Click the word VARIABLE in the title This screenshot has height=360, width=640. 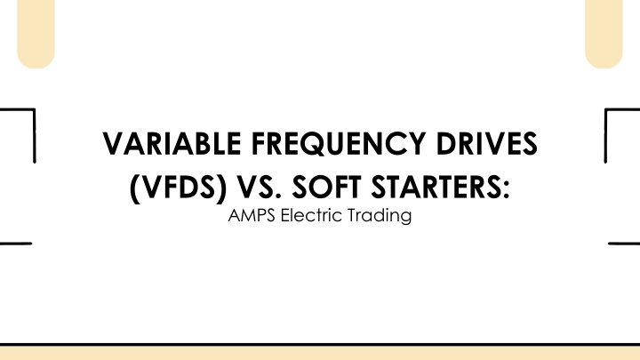click(x=172, y=144)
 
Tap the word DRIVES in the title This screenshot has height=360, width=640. click(x=486, y=144)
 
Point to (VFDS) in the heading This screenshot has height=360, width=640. click(x=178, y=188)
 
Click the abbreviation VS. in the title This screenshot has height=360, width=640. click(x=260, y=188)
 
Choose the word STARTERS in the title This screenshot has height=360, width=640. click(x=436, y=188)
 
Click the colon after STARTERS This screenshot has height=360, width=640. click(x=507, y=190)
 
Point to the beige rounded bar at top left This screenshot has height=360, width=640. click(x=36, y=33)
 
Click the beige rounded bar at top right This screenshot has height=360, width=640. click(x=604, y=33)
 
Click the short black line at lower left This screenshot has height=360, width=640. click(x=16, y=244)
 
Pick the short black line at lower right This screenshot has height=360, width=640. click(x=624, y=244)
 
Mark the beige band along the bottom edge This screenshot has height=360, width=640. click(x=320, y=353)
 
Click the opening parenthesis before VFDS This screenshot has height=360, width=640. click(x=134, y=188)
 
